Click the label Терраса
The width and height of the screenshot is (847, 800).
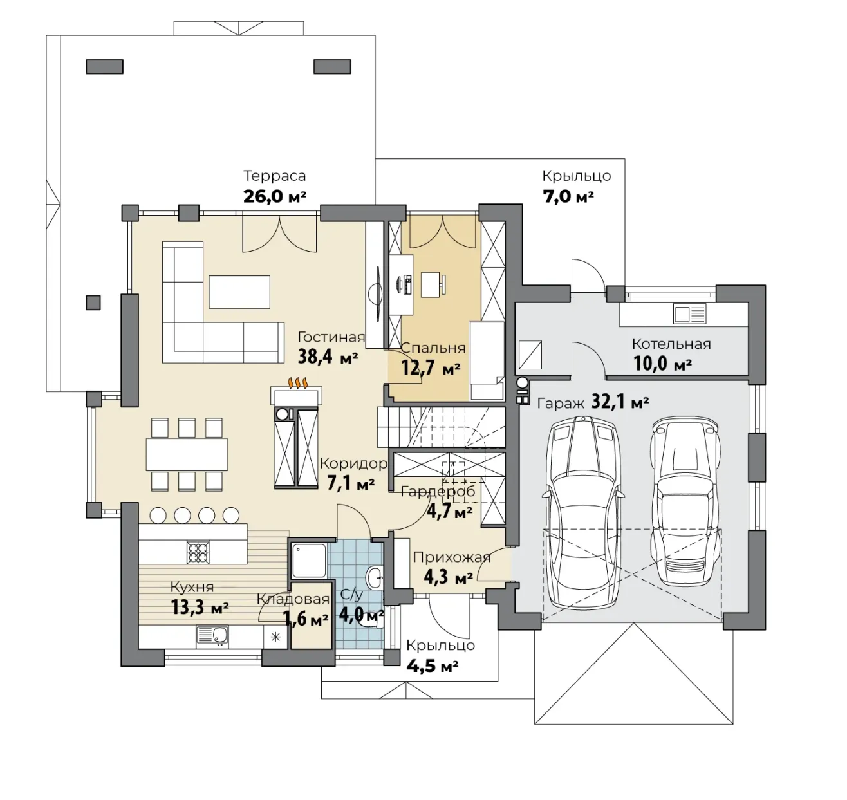point(275,176)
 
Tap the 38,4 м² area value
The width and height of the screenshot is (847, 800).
point(328,357)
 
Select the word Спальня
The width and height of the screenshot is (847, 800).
point(433,348)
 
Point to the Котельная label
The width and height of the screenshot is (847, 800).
point(671,344)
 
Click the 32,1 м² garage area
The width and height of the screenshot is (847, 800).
point(620,402)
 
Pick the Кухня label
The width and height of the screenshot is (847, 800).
point(192,587)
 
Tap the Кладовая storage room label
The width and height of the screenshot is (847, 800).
point(293,599)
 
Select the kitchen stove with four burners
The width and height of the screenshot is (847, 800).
point(198,552)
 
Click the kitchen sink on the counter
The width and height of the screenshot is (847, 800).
point(212,636)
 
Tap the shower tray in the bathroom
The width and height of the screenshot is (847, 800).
point(309,560)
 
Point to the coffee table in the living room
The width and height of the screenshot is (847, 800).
point(239,292)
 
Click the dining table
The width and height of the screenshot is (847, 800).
point(187,454)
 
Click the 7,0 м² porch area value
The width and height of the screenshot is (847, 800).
point(568,197)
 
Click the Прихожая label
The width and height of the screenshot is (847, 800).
point(452,557)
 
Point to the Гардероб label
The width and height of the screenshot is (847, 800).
point(438,492)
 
